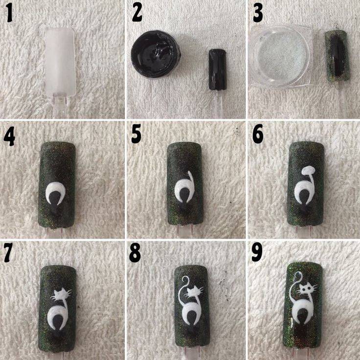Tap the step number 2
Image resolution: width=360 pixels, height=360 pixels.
pos(137,14)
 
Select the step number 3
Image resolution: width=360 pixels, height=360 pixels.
pos(258,14)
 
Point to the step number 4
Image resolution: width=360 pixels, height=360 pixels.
pos(9,138)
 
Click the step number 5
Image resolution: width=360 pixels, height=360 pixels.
pos(136,136)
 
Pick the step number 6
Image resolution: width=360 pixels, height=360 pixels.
pos(258,136)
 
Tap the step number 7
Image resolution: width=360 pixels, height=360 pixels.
pos(8,255)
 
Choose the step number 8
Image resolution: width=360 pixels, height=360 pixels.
pos(135,254)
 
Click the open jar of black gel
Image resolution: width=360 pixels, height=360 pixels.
pos(156,54)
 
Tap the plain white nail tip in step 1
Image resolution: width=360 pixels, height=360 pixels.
pos(60,61)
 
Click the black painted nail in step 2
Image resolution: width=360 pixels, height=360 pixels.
pos(218,69)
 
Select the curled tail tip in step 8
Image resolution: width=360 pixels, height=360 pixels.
pos(185,280)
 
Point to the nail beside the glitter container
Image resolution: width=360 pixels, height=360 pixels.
pos(337,56)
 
